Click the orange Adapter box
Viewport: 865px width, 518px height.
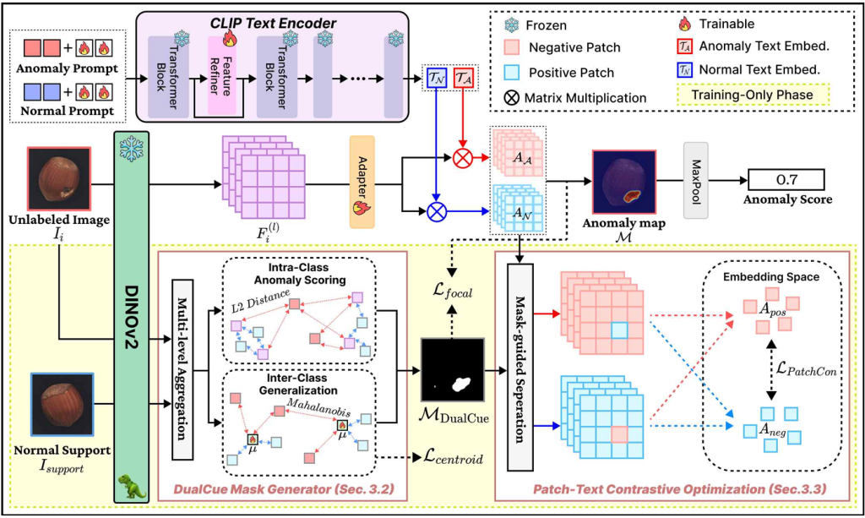(362, 181)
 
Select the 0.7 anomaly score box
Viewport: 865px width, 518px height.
(787, 178)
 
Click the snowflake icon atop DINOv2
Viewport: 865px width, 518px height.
(132, 151)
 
